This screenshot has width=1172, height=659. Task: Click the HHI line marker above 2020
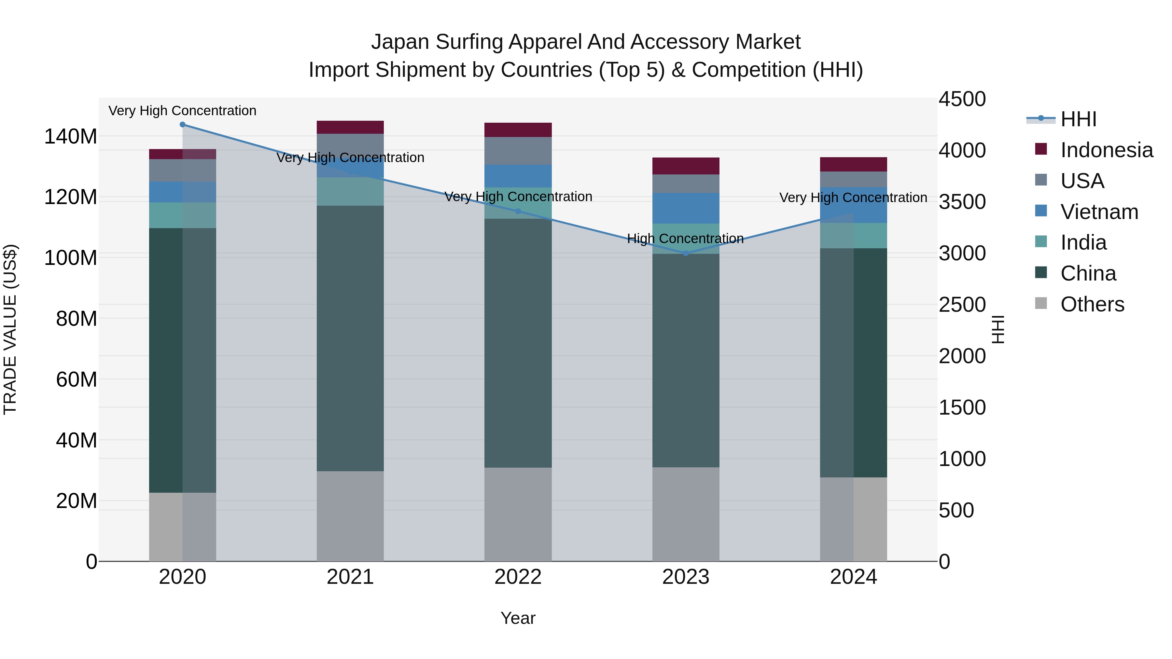182,125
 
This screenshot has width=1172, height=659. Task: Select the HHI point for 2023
686,253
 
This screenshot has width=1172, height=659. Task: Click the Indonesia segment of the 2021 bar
350,127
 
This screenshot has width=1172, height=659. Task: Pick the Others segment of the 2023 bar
686,514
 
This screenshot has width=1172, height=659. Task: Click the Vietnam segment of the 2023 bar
686,208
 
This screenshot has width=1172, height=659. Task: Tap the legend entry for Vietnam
1099,212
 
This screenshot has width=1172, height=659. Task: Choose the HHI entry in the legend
1078,119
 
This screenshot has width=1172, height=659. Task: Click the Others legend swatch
1041,303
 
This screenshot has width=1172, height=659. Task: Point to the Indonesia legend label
1107,150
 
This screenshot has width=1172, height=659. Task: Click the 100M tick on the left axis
71,258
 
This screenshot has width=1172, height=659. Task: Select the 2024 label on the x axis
853,577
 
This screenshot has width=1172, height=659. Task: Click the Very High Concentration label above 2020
182,111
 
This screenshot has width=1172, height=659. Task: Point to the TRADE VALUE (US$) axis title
10,329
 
